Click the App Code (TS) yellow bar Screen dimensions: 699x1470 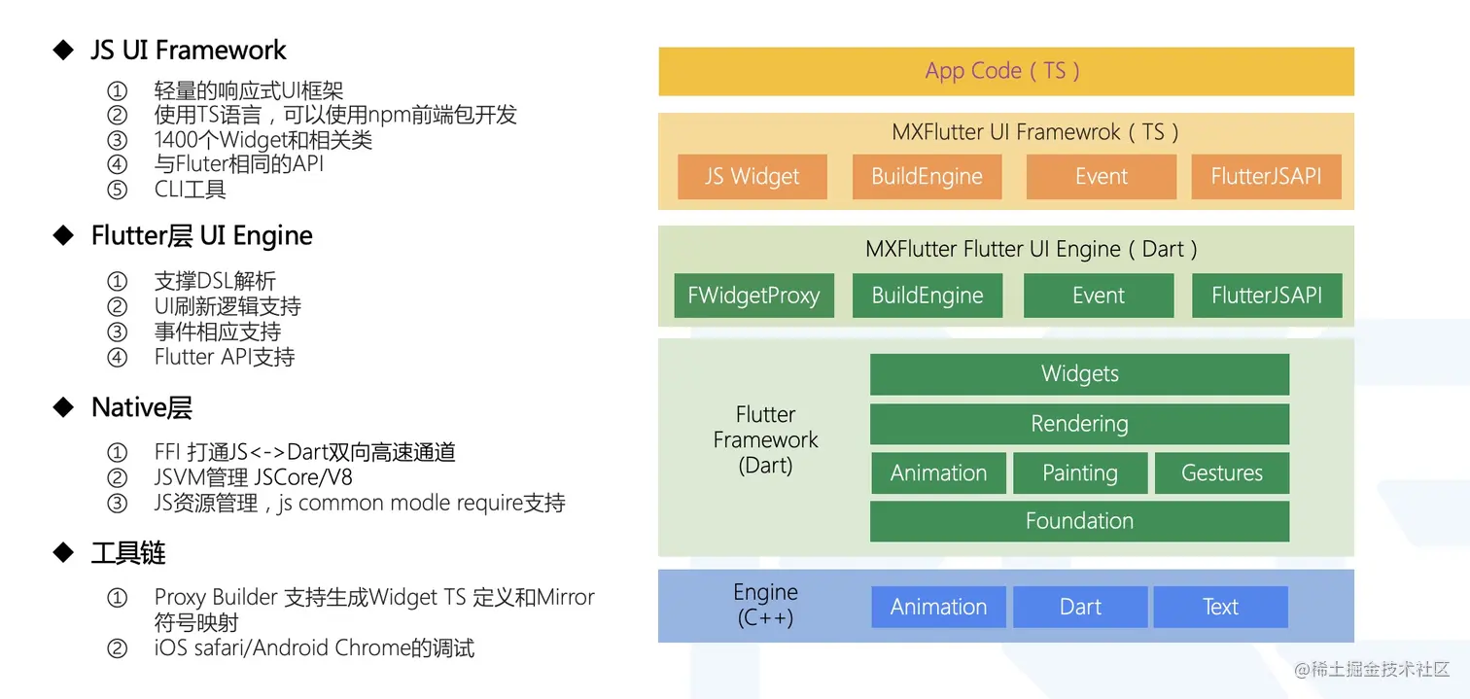(x=1005, y=71)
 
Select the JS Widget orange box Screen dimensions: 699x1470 (x=752, y=177)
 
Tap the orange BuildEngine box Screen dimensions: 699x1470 (x=927, y=177)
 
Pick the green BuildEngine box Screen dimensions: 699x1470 (x=927, y=296)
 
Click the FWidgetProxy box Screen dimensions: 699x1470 (x=753, y=296)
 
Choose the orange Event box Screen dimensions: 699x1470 (x=1101, y=177)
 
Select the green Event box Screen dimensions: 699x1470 (x=1099, y=296)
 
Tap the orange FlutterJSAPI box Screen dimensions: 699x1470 (x=1266, y=177)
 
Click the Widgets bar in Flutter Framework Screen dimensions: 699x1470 (x=1079, y=374)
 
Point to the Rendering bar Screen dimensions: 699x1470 (x=1079, y=424)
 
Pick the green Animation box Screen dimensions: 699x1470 (x=938, y=473)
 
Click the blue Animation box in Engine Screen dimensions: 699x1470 (x=938, y=607)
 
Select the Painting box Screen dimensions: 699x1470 (x=1080, y=473)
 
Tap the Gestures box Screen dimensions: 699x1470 (x=1221, y=473)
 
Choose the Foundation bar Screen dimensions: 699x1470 (x=1079, y=521)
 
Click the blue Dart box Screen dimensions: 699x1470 (x=1080, y=607)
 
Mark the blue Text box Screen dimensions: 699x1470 (x=1220, y=607)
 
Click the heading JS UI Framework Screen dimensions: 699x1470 (x=189, y=50)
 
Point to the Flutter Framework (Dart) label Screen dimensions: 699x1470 (x=765, y=439)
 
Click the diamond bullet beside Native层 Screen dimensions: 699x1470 (x=64, y=407)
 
